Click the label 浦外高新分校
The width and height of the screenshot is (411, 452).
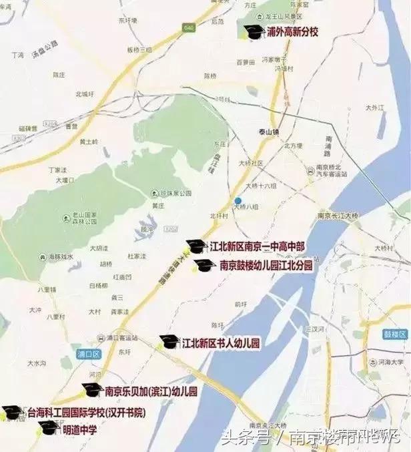(293, 31)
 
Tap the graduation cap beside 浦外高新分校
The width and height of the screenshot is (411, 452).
(253, 31)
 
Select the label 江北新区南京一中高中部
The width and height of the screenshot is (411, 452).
(257, 246)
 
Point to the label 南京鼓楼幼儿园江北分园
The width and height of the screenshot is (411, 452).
(266, 265)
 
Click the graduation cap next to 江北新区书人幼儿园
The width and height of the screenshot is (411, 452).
(169, 342)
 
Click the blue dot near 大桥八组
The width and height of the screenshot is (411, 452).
(238, 200)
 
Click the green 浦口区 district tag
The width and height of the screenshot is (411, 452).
(87, 355)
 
